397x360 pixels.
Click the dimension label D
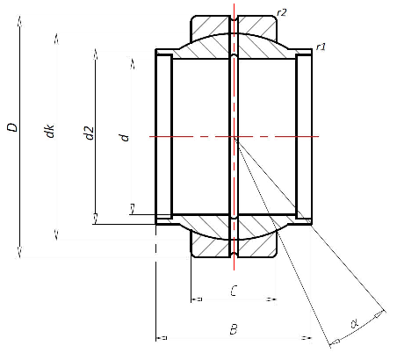coord(12,128)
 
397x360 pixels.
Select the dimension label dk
coord(51,132)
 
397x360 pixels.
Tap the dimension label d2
coord(88,133)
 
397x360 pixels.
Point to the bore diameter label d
coord(125,136)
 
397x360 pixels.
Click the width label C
coord(233,289)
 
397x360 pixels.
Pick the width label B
coord(233,329)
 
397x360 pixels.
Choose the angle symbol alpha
coord(355,325)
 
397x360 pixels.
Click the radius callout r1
coord(321,46)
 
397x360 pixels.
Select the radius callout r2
coord(281,11)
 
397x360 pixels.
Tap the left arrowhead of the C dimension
coord(194,299)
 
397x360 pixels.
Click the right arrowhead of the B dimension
coord(308,338)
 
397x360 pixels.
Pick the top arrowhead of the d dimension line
coord(131,63)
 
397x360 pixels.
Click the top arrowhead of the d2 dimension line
coord(94,53)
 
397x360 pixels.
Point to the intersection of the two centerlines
coord(235,136)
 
